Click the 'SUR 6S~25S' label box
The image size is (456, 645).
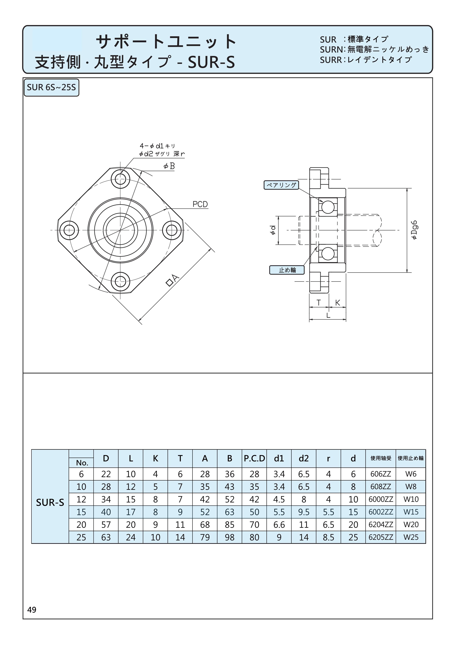coord(51,88)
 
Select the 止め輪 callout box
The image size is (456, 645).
coord(287,270)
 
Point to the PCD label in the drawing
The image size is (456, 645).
coord(200,204)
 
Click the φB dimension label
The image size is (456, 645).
coord(169,166)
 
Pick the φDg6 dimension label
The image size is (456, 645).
coord(415,230)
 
